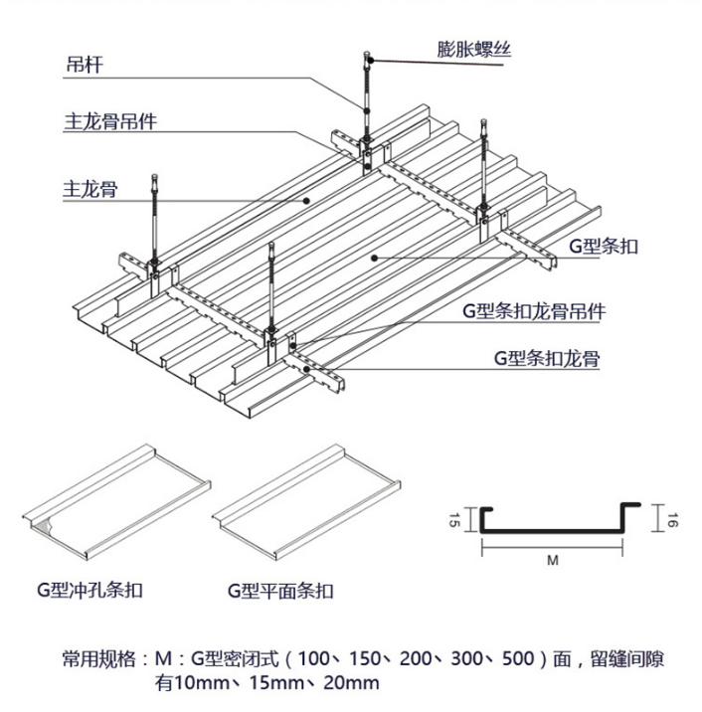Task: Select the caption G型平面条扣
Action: [x=280, y=590]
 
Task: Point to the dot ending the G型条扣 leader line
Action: [x=374, y=258]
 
